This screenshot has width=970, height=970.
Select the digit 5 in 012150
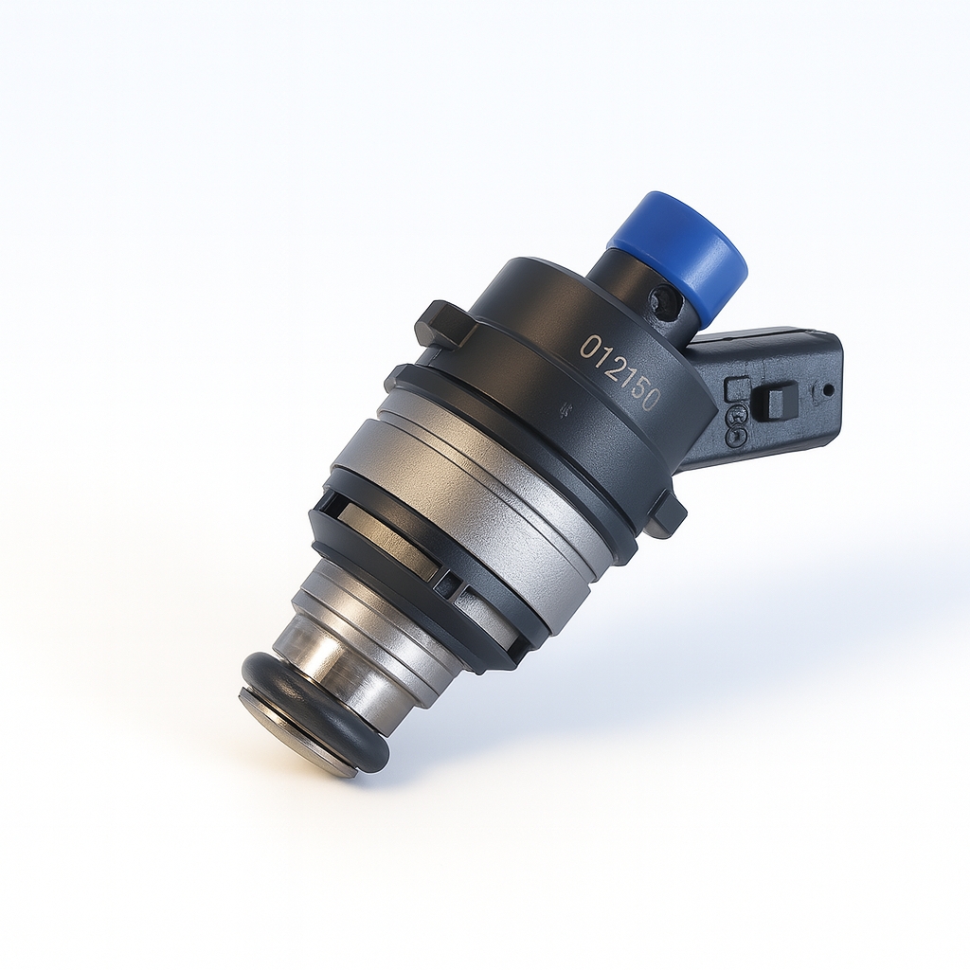[x=638, y=391]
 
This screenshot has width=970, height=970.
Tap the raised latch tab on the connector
[x=779, y=399]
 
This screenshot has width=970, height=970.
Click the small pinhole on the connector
[x=828, y=389]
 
